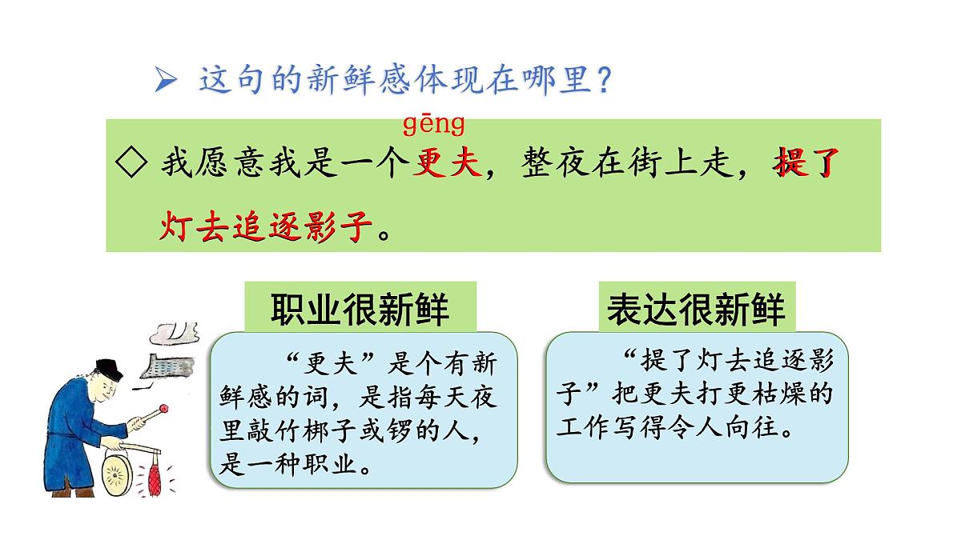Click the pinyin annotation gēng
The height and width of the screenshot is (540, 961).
point(433,125)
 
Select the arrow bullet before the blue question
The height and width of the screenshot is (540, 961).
point(166,80)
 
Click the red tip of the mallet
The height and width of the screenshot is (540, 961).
point(164,411)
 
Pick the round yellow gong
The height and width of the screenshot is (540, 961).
point(118,473)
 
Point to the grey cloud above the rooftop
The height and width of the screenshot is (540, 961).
point(178,330)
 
